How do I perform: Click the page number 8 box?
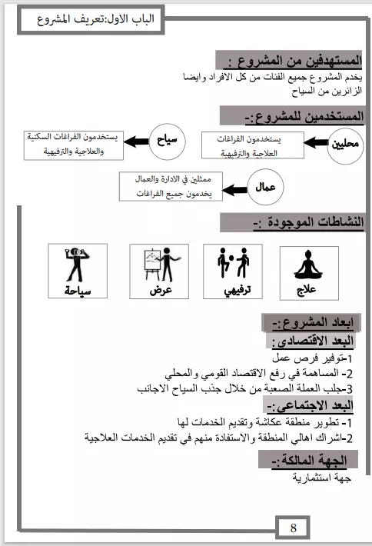[294, 528]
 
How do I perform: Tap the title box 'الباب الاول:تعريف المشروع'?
[87, 20]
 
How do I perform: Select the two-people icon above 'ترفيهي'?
[232, 261]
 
